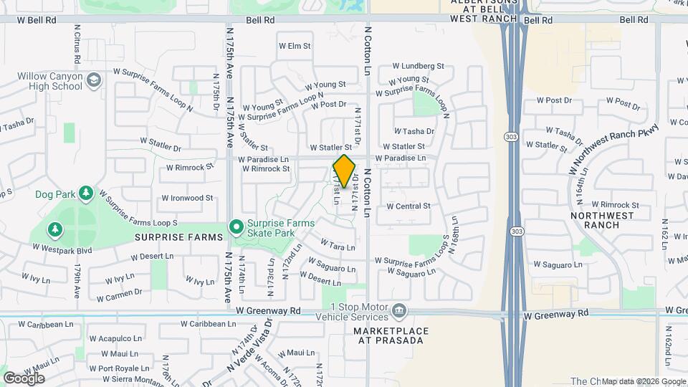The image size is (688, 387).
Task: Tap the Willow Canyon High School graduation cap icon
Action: (x=93, y=80)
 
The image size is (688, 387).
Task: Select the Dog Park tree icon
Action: (x=86, y=193)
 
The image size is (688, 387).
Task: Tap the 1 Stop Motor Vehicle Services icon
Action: (x=399, y=311)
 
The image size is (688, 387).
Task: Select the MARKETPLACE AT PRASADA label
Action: (x=391, y=336)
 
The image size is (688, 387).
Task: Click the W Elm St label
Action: (x=295, y=46)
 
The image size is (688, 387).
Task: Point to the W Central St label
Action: (x=408, y=206)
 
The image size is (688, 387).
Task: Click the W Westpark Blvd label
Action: (x=62, y=249)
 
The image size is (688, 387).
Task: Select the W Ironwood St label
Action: (x=187, y=198)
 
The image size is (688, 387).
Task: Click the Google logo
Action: (x=24, y=378)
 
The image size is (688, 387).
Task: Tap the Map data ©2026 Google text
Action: (x=643, y=381)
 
